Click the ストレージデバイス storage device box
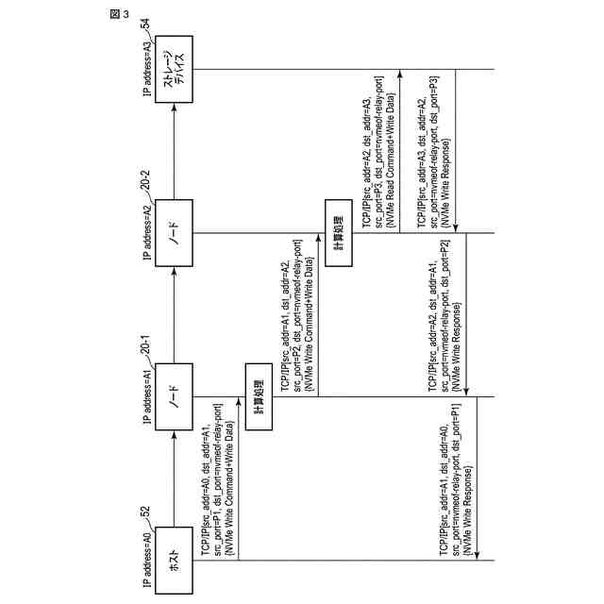click(174, 68)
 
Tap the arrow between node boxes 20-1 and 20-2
click(174, 311)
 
